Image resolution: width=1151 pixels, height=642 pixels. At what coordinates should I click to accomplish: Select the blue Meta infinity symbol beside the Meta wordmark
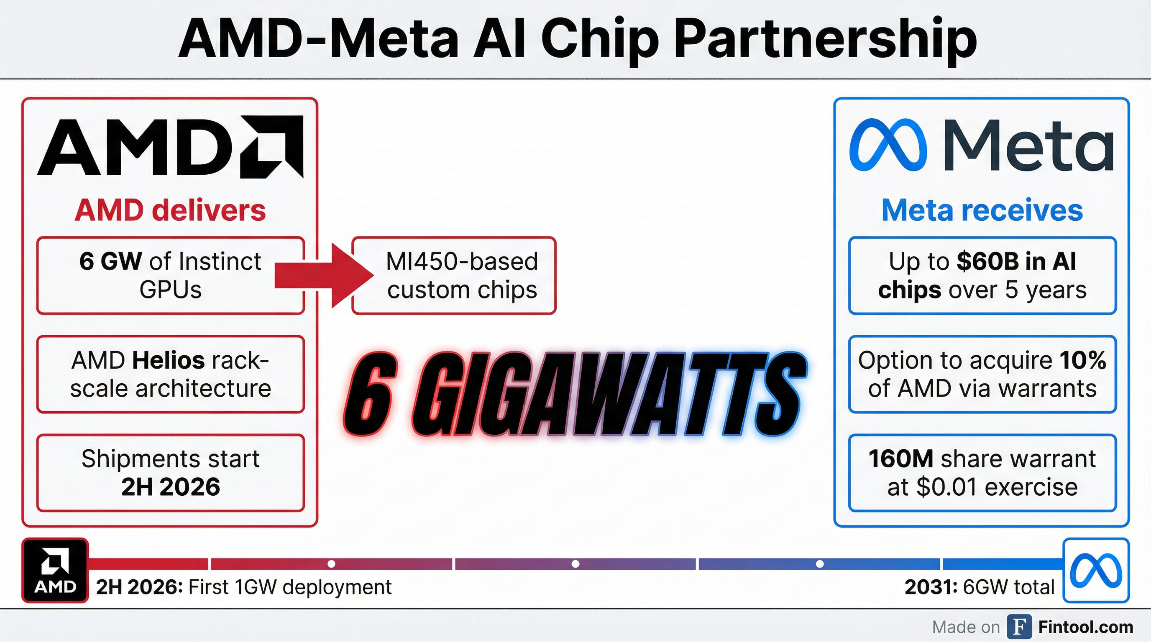click(x=888, y=145)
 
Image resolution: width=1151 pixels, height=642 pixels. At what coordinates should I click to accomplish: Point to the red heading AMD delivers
click(x=170, y=210)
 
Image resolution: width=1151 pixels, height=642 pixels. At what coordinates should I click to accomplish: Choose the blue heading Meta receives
click(x=982, y=210)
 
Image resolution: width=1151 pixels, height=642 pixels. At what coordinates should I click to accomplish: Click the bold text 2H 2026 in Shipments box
click(x=170, y=487)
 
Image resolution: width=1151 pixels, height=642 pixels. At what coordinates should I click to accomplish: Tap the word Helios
click(x=169, y=360)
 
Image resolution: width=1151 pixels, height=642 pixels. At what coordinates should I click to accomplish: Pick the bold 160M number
click(x=900, y=459)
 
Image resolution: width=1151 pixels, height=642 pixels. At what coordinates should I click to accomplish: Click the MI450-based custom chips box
click(x=454, y=275)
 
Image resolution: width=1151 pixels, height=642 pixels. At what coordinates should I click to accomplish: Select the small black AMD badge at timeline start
click(x=55, y=571)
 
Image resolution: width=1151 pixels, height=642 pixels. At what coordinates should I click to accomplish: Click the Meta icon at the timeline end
click(x=1096, y=570)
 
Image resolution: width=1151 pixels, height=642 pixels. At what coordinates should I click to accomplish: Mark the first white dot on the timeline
click(x=331, y=564)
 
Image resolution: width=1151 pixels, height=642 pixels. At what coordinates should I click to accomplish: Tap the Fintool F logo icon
click(x=1019, y=627)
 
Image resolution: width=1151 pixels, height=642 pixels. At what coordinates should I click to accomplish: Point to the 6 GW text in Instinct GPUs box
click(x=110, y=261)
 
